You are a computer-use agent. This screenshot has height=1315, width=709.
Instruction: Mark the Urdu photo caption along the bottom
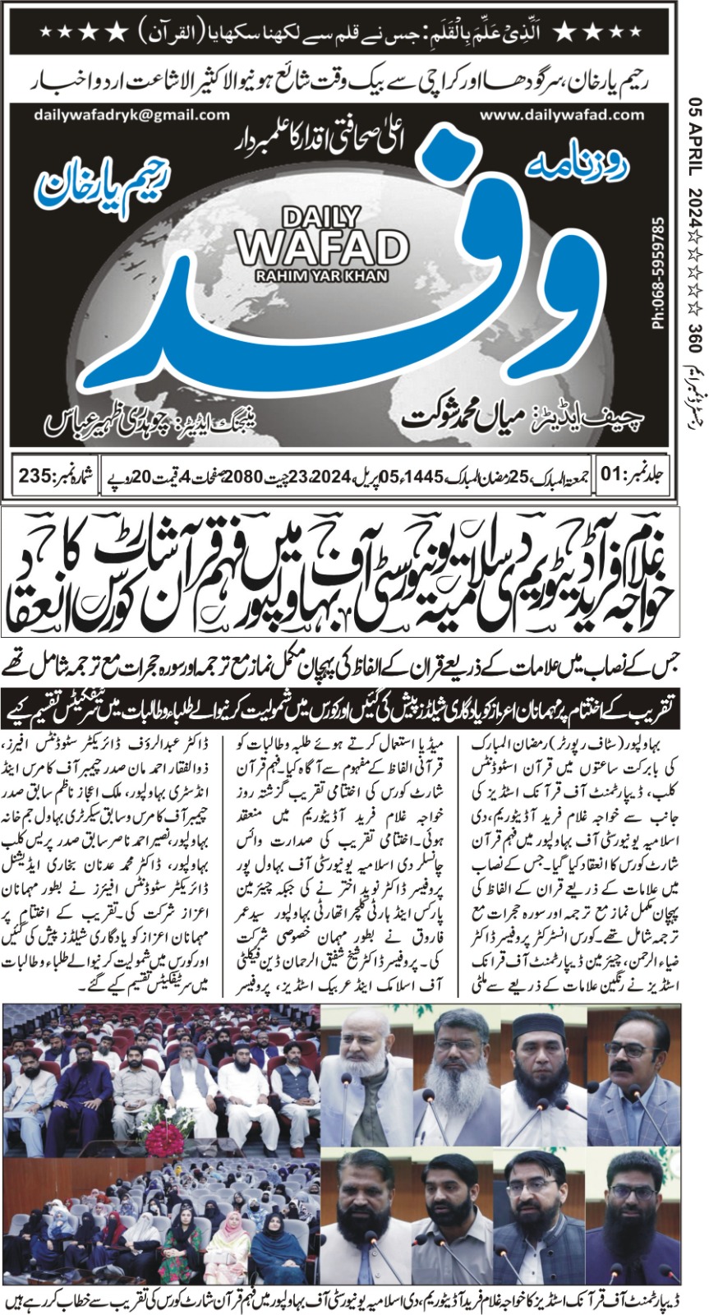[x=354, y=1302]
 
